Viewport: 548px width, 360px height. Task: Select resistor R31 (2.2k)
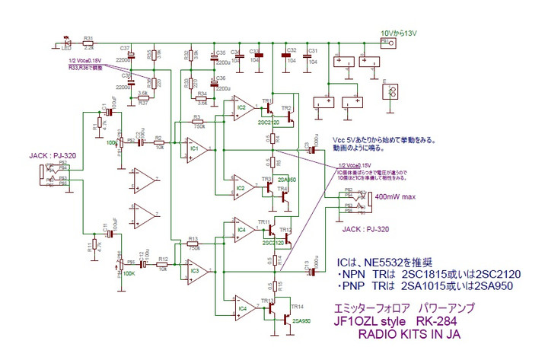coord(88,43)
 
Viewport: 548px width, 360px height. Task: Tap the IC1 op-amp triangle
coord(191,150)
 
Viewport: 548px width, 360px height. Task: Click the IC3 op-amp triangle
coord(191,270)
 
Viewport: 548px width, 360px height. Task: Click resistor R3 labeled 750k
coord(197,122)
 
